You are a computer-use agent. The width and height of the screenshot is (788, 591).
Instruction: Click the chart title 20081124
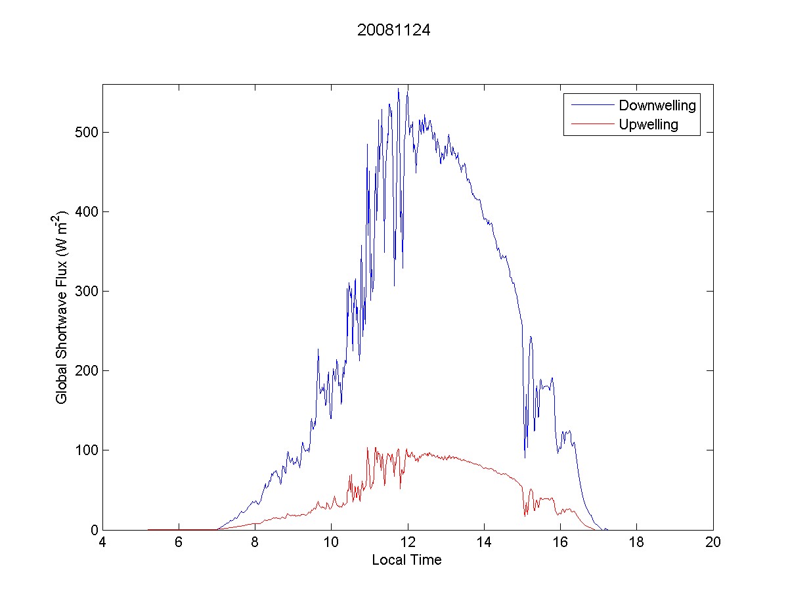[393, 30]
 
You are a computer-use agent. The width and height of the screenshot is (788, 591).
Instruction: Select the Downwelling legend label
[657, 105]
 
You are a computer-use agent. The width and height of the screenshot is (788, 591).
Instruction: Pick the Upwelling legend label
[649, 125]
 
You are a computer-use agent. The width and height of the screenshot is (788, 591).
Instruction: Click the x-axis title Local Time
[406, 560]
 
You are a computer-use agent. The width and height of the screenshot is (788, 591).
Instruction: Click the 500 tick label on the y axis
[85, 133]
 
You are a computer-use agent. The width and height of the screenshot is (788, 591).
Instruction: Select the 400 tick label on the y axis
[85, 212]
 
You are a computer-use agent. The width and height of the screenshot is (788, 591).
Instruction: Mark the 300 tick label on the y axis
[85, 292]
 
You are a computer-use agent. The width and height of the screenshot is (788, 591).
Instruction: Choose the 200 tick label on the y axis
[85, 371]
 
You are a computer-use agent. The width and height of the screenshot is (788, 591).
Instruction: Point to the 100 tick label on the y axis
[85, 450]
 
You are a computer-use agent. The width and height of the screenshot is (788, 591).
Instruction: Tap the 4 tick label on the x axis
[102, 543]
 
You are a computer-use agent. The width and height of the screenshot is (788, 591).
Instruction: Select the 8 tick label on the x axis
[255, 543]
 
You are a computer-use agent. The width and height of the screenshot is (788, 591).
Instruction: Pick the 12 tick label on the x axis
[408, 543]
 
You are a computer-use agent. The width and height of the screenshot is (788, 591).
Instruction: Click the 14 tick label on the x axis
[484, 543]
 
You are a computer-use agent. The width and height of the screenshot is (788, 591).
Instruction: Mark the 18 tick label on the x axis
[636, 543]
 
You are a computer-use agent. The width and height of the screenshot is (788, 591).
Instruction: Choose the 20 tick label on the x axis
[713, 543]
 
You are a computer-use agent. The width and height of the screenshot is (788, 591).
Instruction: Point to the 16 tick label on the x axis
[560, 543]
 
